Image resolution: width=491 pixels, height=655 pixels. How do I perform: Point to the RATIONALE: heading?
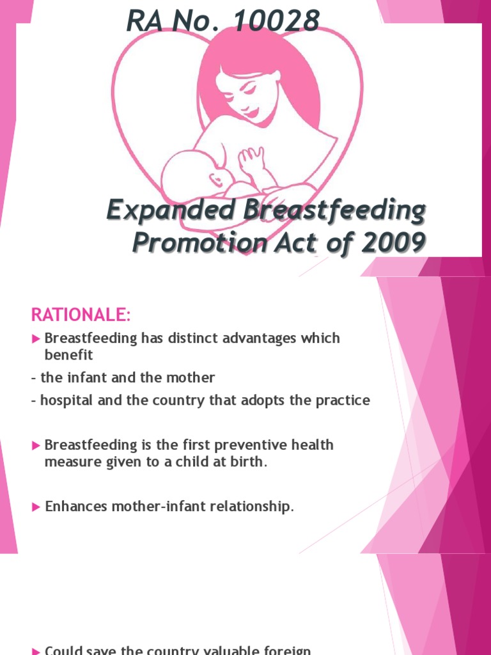(80, 315)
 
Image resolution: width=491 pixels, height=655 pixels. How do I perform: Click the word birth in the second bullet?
(249, 461)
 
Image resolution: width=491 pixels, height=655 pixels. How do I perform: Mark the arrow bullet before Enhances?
(36, 507)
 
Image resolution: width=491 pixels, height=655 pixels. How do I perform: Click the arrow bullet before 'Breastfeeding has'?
(36, 338)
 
